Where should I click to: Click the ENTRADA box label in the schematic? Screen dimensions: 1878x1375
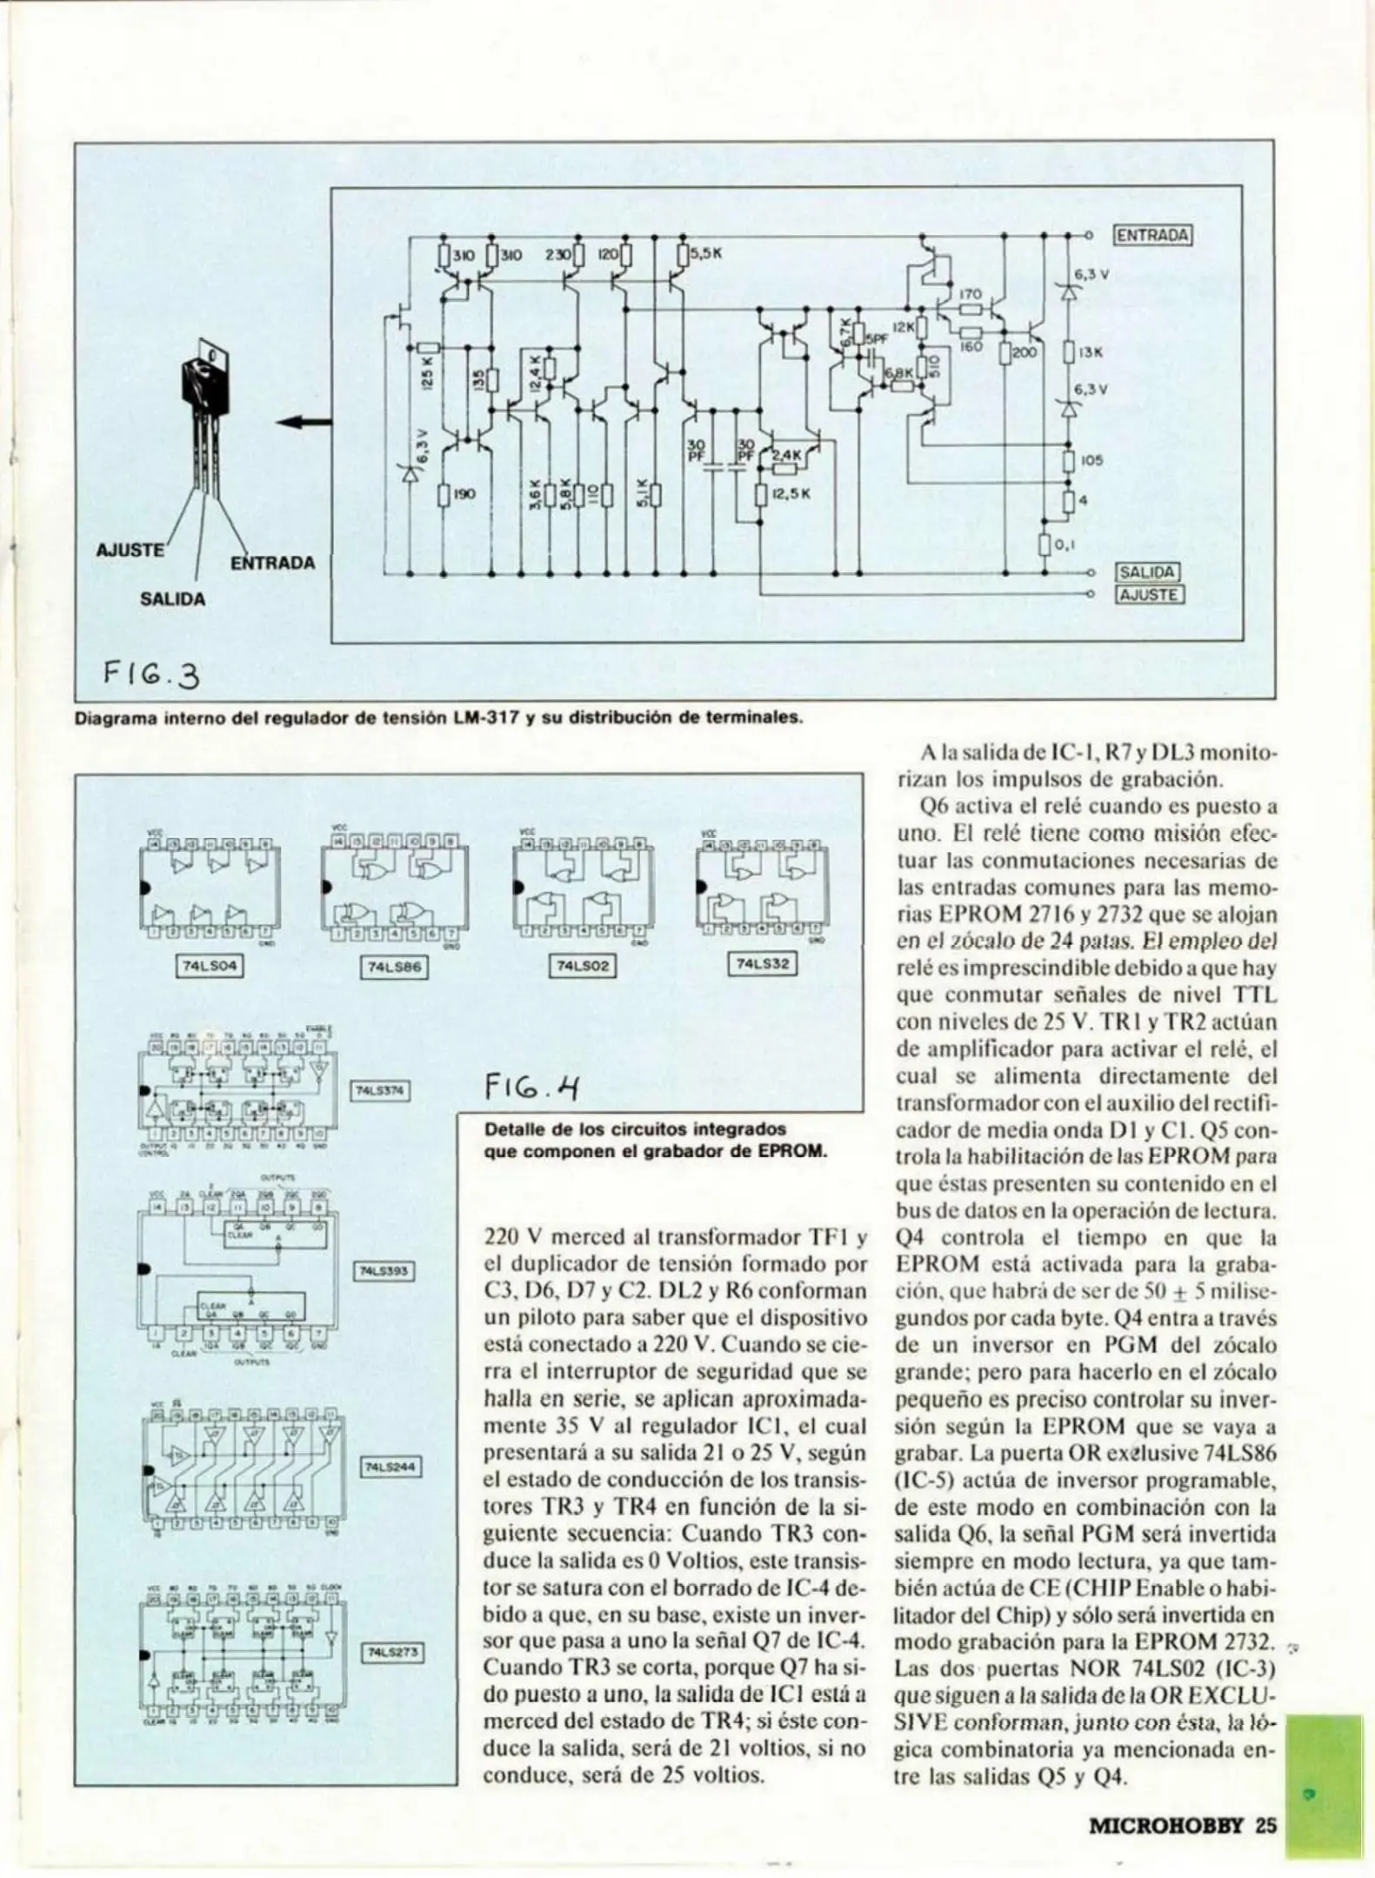tap(1151, 235)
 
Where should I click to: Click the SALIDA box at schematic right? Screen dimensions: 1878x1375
tap(1148, 572)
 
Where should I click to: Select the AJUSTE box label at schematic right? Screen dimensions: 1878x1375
tap(1149, 595)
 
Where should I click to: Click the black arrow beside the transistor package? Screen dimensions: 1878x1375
tap(304, 423)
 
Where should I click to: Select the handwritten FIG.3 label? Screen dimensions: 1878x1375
tap(151, 673)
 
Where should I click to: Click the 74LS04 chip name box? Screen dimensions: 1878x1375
tap(210, 965)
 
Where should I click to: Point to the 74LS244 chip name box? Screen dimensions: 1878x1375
tap(390, 1468)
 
